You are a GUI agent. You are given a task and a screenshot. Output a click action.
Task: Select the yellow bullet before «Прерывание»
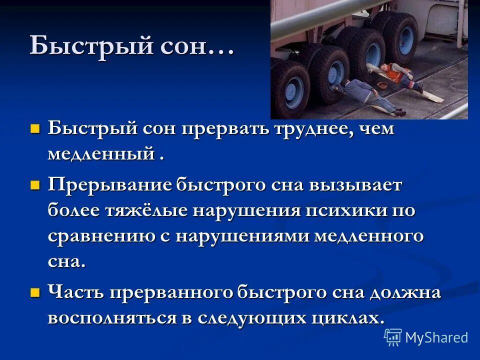[x=35, y=186]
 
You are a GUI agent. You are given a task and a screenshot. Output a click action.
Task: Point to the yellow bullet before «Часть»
[x=35, y=292]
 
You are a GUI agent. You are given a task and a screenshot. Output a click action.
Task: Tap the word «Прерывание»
[x=110, y=186]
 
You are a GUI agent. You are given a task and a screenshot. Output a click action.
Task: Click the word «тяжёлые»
[x=142, y=210]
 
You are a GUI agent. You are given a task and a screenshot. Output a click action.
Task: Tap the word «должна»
[x=405, y=292]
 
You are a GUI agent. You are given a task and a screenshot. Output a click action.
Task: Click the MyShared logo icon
[x=393, y=337]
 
